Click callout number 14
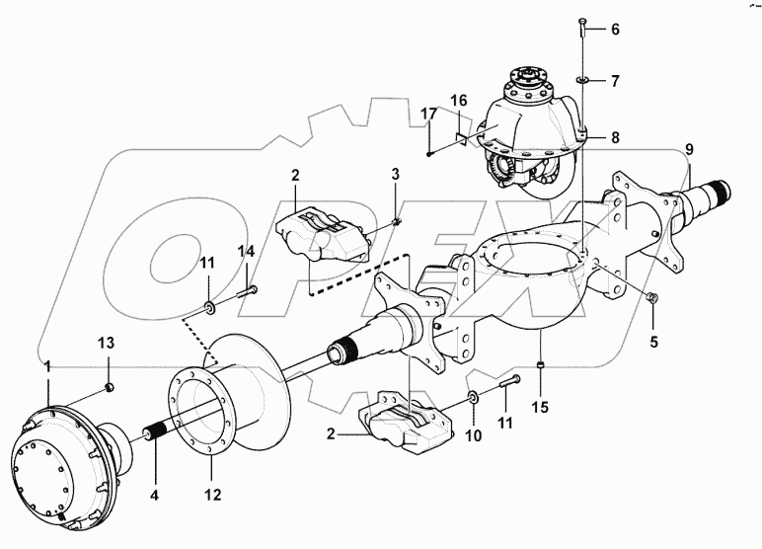point(245,252)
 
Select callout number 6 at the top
point(614,29)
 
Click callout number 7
point(614,78)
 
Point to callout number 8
point(614,137)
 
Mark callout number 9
point(689,149)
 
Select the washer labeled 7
point(582,78)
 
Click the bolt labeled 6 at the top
point(582,24)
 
